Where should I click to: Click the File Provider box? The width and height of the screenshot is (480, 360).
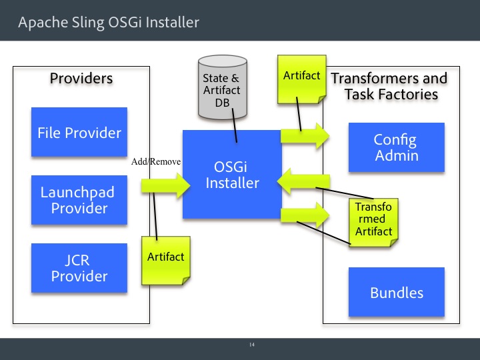pyautogui.click(x=79, y=133)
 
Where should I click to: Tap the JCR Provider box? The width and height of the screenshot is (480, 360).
pyautogui.click(x=79, y=268)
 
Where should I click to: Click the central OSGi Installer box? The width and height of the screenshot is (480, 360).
pyautogui.click(x=232, y=174)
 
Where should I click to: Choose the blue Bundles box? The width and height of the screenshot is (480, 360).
pyautogui.click(x=396, y=293)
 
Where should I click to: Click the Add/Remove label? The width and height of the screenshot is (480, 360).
pyautogui.click(x=157, y=161)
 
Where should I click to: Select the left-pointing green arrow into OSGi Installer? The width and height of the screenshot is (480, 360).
pyautogui.click(x=305, y=181)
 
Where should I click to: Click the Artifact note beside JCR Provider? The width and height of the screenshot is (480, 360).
pyautogui.click(x=165, y=257)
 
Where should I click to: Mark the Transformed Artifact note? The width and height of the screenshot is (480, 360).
pyautogui.click(x=374, y=219)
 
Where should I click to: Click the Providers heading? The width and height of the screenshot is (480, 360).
pyautogui.click(x=81, y=79)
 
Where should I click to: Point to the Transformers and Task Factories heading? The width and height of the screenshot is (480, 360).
pyautogui.click(x=389, y=86)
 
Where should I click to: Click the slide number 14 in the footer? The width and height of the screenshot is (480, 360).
pyautogui.click(x=252, y=345)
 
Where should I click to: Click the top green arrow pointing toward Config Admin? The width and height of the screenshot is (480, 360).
pyautogui.click(x=305, y=137)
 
